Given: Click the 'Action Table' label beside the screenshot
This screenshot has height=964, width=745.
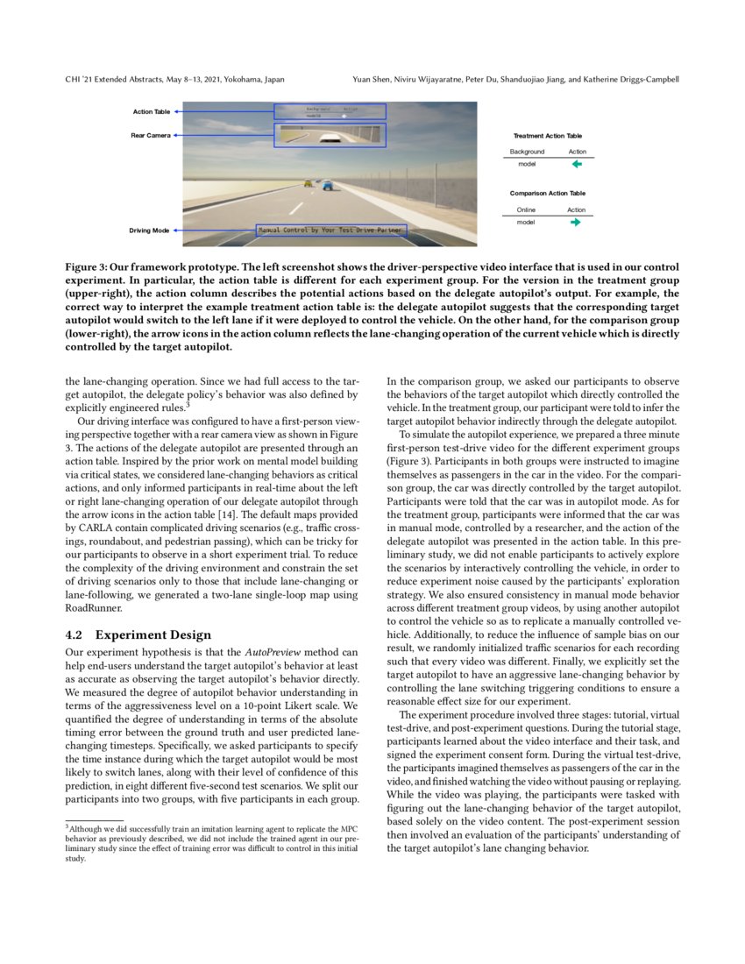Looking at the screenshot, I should point(152,112).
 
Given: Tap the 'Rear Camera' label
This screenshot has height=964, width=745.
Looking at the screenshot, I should point(152,135).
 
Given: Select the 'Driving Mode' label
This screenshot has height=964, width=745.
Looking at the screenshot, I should point(150,230).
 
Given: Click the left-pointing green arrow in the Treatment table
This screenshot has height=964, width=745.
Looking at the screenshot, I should point(577,163).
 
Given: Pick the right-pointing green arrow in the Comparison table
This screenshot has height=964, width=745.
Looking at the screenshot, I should point(576,222).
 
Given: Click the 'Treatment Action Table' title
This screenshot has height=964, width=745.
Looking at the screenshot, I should point(547,136).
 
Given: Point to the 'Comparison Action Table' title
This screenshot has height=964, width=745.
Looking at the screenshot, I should point(548,193).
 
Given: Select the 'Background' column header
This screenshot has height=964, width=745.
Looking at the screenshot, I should point(528,152).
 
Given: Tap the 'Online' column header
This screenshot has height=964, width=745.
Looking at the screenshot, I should point(526,209).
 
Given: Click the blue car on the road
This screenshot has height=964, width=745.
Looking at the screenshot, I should point(327,186).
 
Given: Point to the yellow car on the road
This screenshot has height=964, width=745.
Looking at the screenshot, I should point(308,183).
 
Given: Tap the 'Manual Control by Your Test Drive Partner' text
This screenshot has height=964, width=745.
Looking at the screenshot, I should point(330,230).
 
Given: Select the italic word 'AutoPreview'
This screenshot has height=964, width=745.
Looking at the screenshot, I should point(273,653).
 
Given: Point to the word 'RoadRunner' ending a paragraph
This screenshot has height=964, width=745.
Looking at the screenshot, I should point(91,607).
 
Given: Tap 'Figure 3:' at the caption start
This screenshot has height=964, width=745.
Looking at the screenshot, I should point(91,266).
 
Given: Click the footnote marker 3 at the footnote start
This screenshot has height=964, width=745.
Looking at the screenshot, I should point(67,826).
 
